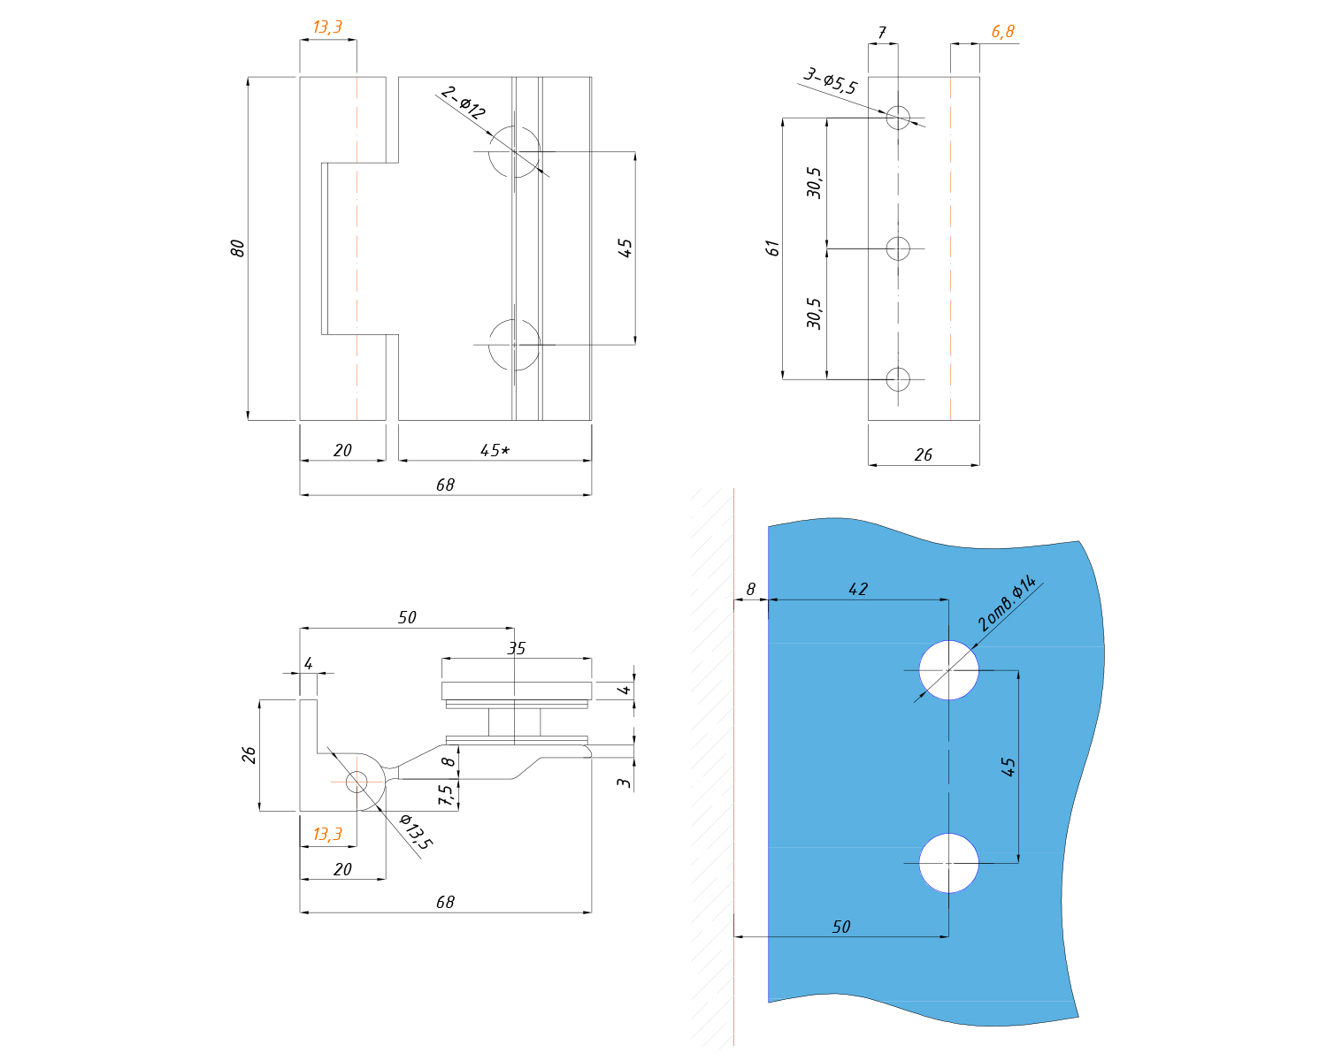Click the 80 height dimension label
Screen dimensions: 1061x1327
click(x=237, y=248)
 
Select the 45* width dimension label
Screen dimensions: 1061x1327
click(x=495, y=450)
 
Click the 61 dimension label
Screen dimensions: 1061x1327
click(x=773, y=248)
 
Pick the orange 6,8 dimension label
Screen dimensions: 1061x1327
click(x=1002, y=32)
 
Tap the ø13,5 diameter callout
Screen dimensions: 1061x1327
click(x=415, y=831)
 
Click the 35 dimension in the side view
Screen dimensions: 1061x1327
click(x=516, y=648)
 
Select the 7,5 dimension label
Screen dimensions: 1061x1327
click(x=446, y=795)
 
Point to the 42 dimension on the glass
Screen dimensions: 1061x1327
click(x=858, y=589)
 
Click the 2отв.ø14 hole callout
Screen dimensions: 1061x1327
click(x=1008, y=603)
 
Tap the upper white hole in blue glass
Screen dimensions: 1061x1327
click(x=948, y=670)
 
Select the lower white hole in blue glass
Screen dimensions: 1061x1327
click(x=948, y=863)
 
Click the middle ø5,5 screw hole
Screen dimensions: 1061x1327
click(x=898, y=248)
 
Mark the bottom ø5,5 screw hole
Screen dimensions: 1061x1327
click(x=898, y=379)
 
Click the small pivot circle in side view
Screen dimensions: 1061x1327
click(x=357, y=782)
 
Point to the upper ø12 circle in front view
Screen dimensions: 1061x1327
click(x=514, y=152)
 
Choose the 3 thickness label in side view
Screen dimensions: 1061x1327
click(x=625, y=782)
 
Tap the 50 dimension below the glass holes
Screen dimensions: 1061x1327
click(x=841, y=927)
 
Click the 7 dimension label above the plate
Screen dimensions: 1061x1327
click(x=882, y=33)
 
